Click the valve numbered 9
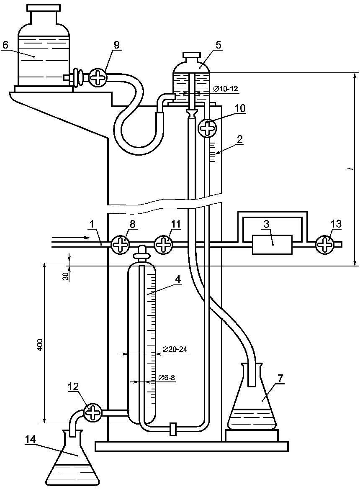[x=97, y=77]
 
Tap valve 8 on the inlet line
[x=120, y=244]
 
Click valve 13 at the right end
[x=325, y=244]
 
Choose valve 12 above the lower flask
[x=93, y=412]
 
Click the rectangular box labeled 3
[x=273, y=244]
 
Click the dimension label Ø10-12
[x=225, y=89]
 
